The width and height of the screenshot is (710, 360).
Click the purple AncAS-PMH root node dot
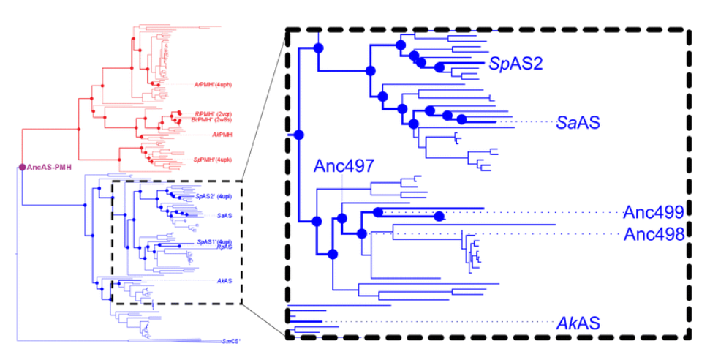point(22,168)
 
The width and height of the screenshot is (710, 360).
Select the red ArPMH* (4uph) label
point(214,84)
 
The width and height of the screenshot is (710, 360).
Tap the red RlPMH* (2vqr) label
point(214,113)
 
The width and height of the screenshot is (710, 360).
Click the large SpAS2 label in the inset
point(516,64)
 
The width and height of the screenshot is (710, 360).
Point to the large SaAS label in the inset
point(578,122)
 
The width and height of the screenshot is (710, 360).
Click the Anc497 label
point(344,166)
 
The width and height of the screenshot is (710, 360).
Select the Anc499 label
point(653,213)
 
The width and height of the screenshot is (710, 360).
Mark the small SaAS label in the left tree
point(224,216)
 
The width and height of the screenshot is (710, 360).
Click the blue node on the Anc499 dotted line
point(439,216)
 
